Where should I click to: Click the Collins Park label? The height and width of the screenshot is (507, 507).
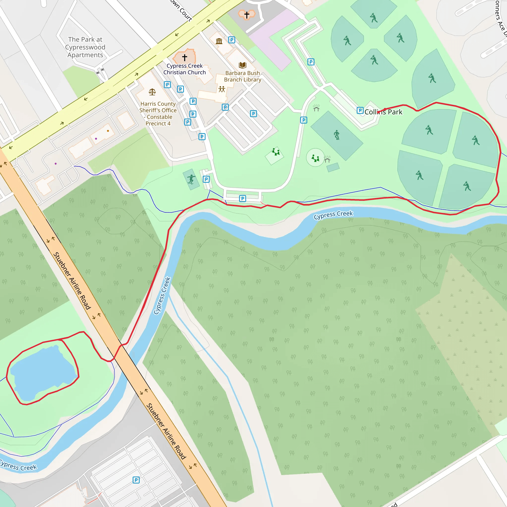click(x=383, y=112)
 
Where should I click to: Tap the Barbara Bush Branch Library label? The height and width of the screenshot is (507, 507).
click(x=242, y=76)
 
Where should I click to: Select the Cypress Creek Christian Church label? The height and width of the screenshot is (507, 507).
click(x=184, y=69)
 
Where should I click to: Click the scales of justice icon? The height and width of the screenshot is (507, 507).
click(x=152, y=92)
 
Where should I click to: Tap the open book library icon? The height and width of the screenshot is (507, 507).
click(x=242, y=65)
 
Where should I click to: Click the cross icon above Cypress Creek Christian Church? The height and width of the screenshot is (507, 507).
click(x=184, y=57)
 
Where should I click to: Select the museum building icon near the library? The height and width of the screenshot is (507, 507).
click(x=219, y=41)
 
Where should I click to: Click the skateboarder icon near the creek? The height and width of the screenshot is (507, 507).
click(x=191, y=179)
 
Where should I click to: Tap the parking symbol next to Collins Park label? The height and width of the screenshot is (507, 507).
click(x=360, y=110)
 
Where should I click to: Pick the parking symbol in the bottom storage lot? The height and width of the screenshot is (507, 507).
click(x=136, y=480)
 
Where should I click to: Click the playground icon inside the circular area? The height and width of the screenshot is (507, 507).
click(x=315, y=158)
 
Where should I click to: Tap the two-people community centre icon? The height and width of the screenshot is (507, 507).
click(x=222, y=89)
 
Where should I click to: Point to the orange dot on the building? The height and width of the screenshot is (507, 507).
click(x=108, y=131)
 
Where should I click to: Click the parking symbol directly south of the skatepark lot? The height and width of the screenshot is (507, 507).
click(x=242, y=198)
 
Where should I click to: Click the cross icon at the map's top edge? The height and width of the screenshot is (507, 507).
click(x=247, y=15)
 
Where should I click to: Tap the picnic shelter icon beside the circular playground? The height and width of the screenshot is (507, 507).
click(x=327, y=159)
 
